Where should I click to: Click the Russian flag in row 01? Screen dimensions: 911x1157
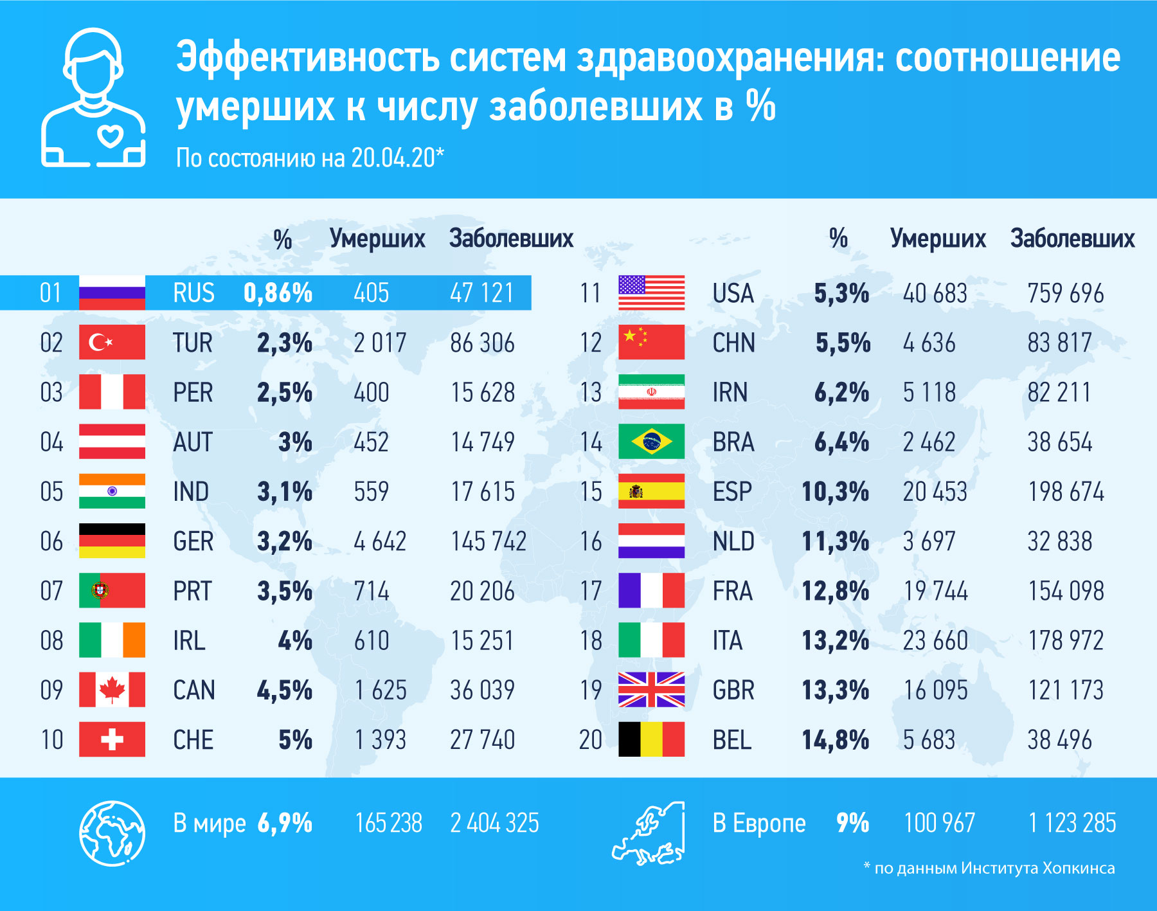click(112, 293)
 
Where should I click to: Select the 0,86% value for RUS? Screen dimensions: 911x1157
click(278, 293)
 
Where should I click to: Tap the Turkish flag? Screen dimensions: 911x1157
click(112, 342)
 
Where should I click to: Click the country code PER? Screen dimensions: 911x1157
click(193, 392)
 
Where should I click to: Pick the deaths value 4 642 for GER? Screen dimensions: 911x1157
click(379, 541)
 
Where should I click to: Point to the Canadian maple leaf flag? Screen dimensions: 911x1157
click(112, 690)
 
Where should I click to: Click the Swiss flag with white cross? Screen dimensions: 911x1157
click(112, 739)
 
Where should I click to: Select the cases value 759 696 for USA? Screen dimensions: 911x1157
click(1065, 293)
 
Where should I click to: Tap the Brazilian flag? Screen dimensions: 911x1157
click(651, 442)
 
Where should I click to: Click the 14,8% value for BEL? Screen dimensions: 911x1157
click(835, 740)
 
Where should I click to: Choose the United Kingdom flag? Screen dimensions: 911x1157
click(651, 690)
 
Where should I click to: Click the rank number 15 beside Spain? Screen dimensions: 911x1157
click(591, 492)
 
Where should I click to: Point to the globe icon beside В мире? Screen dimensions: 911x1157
click(112, 833)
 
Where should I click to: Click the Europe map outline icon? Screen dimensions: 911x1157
click(649, 834)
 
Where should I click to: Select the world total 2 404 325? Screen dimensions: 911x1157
click(494, 824)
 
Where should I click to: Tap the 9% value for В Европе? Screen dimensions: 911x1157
click(852, 823)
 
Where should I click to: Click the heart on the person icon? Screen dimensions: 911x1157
click(110, 136)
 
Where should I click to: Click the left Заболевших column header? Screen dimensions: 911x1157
click(510, 239)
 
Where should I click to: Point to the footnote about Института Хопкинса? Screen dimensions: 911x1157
click(989, 869)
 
